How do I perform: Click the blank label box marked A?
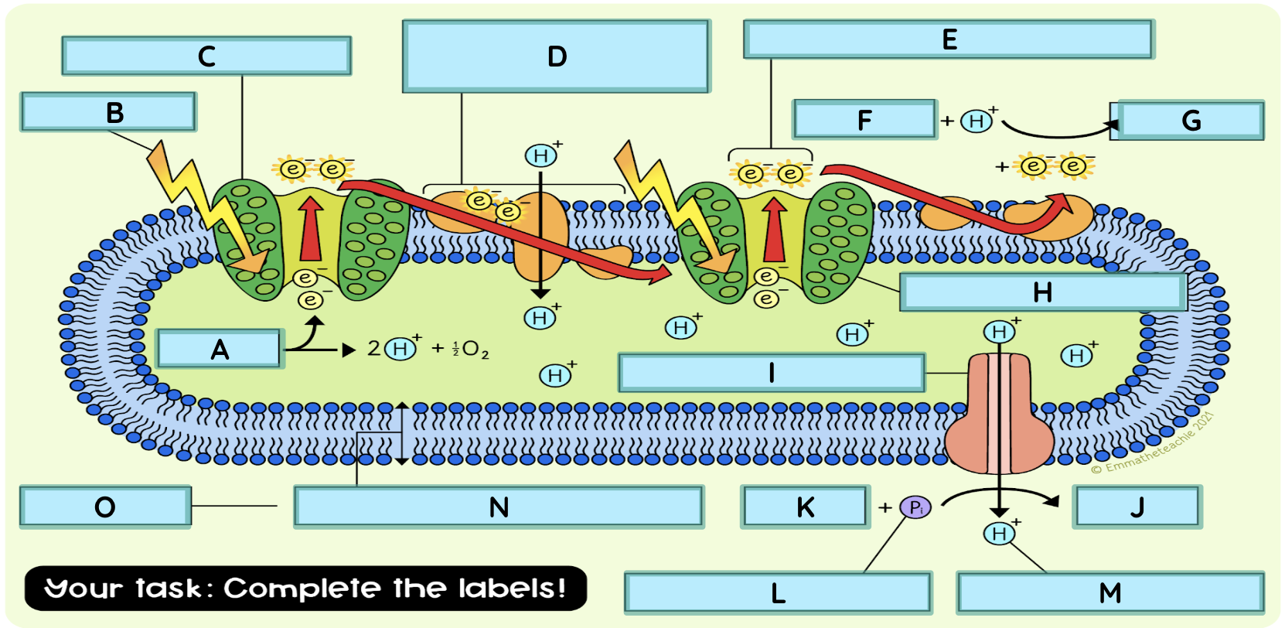click(219, 349)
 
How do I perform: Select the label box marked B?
click(109, 112)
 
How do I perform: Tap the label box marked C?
click(206, 56)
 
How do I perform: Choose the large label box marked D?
click(556, 56)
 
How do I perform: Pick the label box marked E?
click(949, 39)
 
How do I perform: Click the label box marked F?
click(864, 120)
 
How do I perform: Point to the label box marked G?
click(1191, 120)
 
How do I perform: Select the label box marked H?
click(1042, 292)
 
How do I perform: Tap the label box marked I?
click(771, 373)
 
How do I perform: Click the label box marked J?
click(1136, 507)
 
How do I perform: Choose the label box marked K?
click(804, 507)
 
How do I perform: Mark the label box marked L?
click(778, 593)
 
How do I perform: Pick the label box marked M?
click(1109, 593)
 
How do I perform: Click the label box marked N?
click(499, 507)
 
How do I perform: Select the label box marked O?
click(105, 507)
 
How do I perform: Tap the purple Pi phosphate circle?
click(915, 507)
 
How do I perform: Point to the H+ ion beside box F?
click(977, 121)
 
